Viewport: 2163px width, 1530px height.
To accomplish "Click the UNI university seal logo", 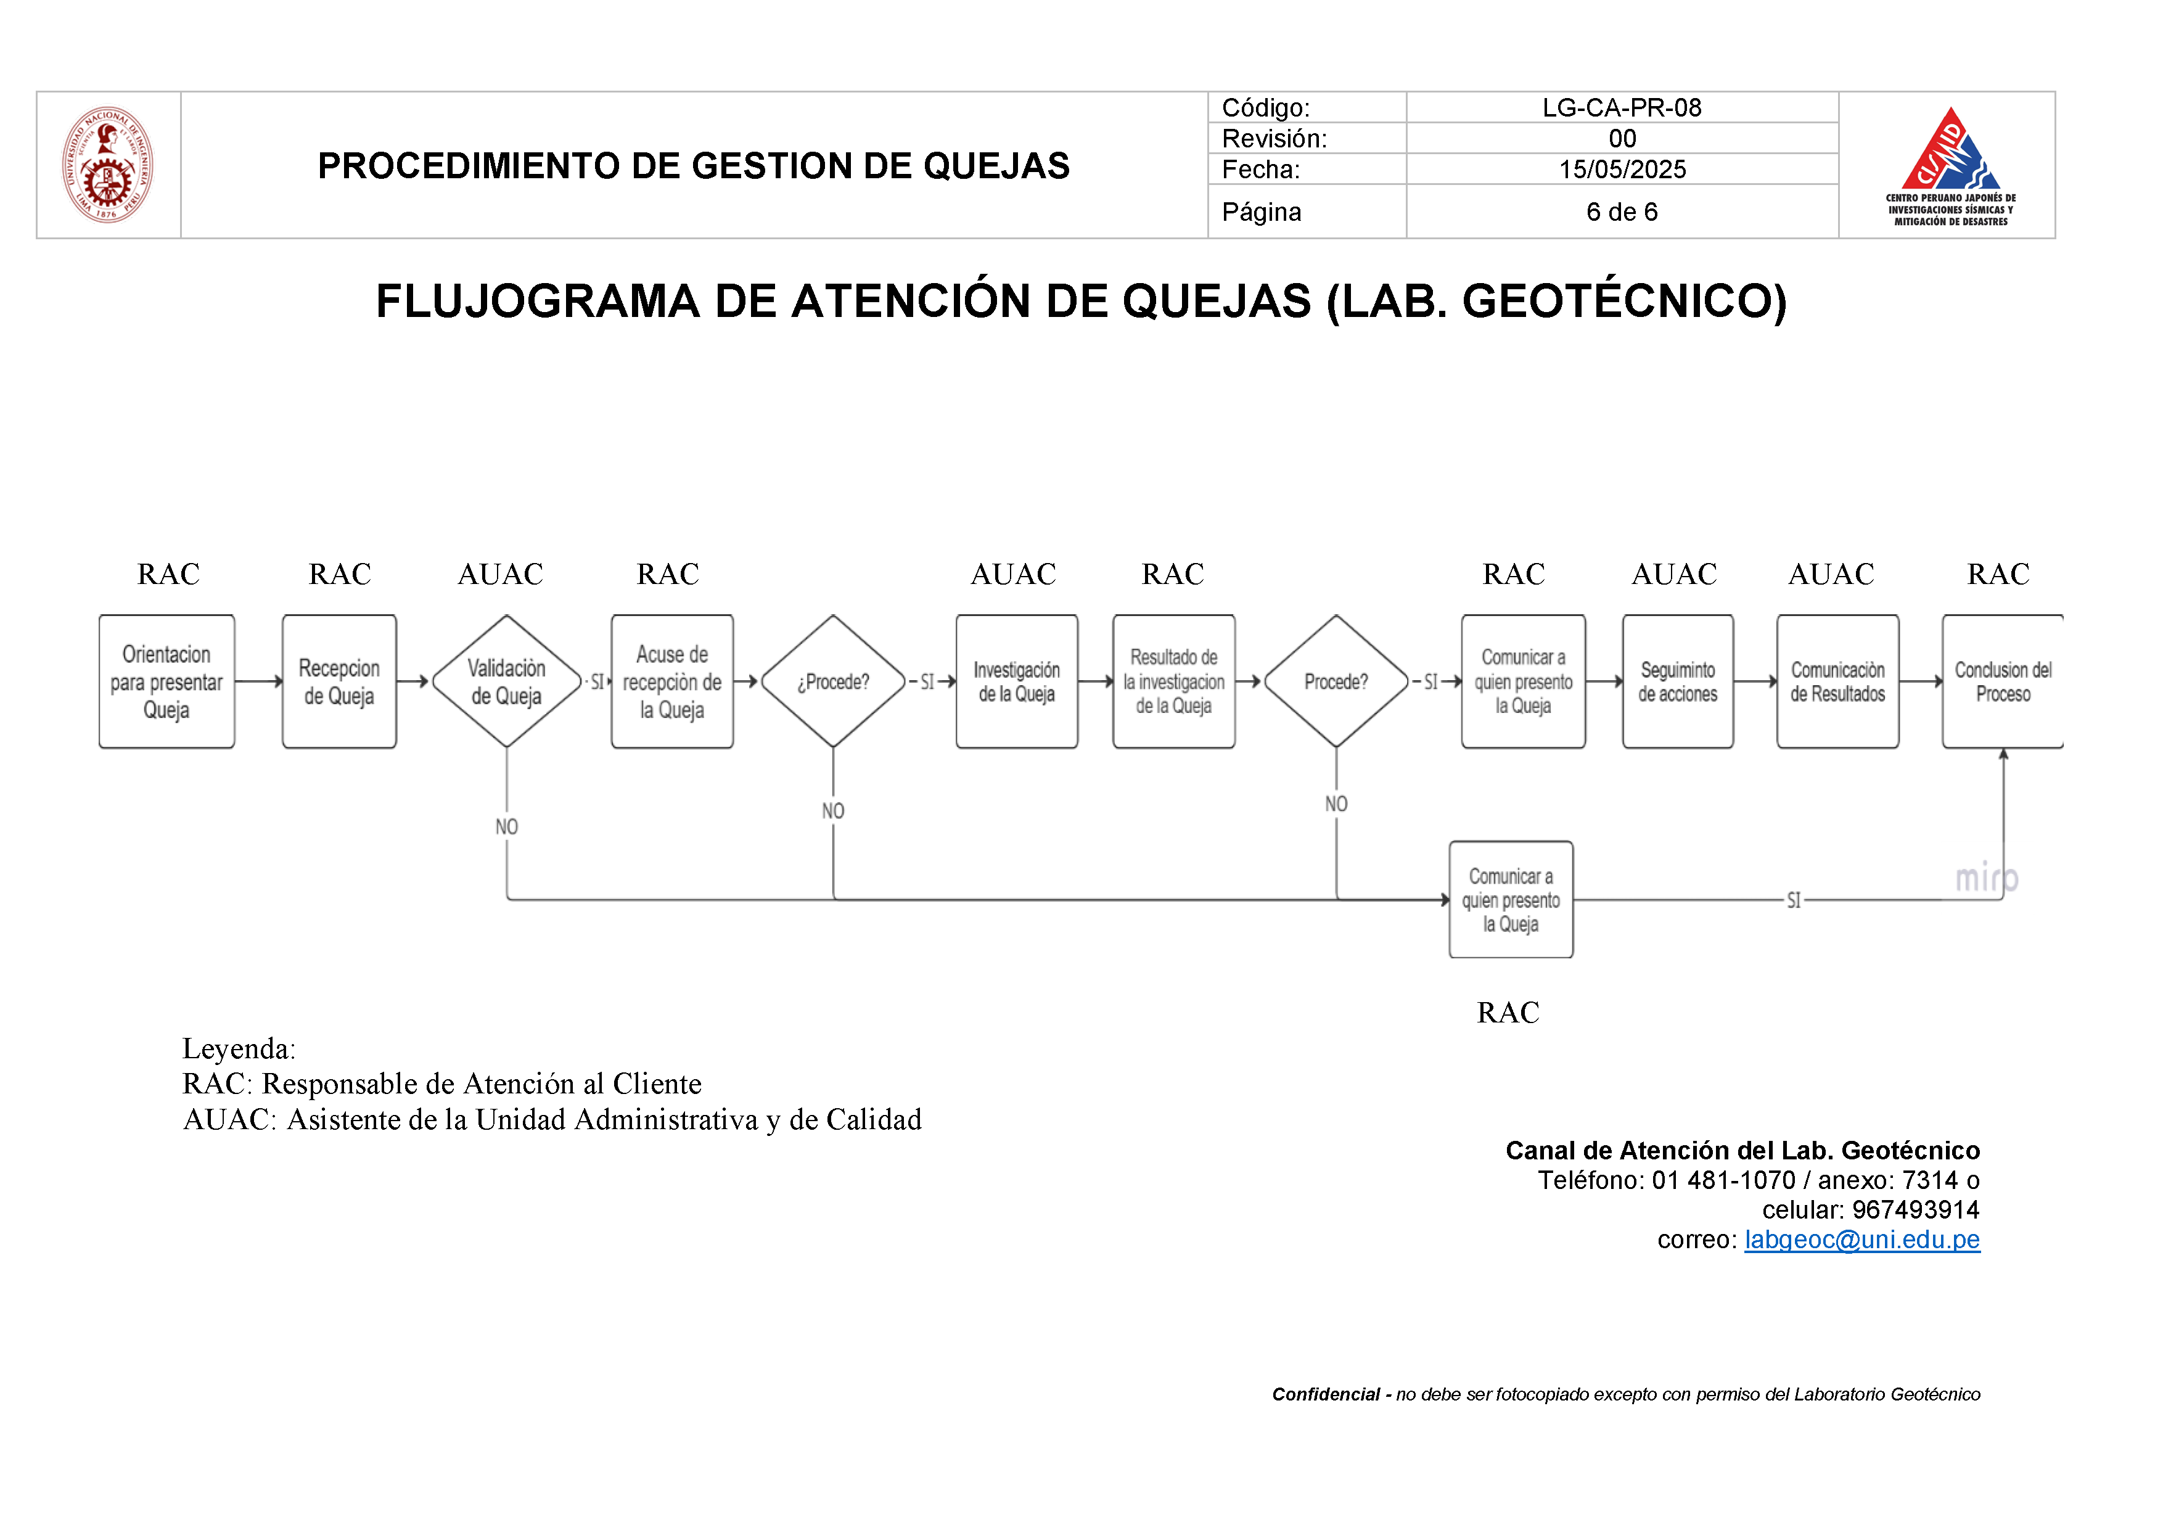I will click(107, 165).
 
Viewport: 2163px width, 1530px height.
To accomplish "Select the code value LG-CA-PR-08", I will click(1621, 107).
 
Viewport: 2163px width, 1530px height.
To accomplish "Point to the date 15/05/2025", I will click(1621, 170).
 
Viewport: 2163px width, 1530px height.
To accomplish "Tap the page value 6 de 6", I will click(1621, 212).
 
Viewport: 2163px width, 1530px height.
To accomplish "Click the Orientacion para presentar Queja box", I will click(166, 682).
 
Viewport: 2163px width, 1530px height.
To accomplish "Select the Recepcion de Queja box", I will click(339, 682).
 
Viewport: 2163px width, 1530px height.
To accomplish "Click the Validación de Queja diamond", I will click(507, 682).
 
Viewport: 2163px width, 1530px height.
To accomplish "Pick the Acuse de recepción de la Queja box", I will click(671, 682).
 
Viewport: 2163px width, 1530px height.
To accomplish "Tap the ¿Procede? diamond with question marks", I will click(833, 682).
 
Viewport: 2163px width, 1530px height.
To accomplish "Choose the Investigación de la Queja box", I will click(1017, 682).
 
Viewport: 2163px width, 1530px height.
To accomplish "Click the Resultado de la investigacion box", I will click(1174, 682).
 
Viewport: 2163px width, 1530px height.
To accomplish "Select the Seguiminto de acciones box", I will click(1678, 682).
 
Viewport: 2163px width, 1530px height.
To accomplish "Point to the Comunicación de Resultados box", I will click(1838, 682).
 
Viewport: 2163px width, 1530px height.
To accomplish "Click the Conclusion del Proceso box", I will click(2003, 682).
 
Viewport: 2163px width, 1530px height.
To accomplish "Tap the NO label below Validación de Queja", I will click(507, 827).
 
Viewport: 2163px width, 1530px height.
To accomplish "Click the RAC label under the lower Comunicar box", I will click(1508, 1013).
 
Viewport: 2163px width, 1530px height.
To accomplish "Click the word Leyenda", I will click(237, 1048).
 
